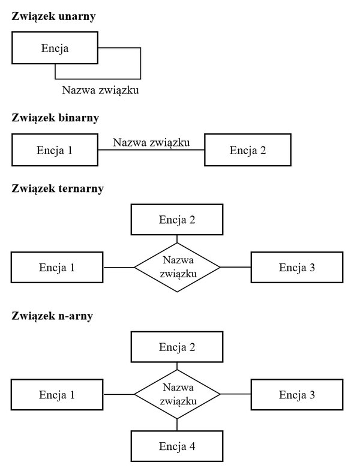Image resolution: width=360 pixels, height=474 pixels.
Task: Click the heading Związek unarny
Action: pyautogui.click(x=54, y=16)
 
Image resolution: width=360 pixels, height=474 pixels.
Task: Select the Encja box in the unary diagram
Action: pyautogui.click(x=55, y=49)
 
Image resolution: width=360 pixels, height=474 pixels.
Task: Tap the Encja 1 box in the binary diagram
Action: pyautogui.click(x=55, y=149)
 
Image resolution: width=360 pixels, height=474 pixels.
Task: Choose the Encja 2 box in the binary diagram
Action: pyautogui.click(x=247, y=149)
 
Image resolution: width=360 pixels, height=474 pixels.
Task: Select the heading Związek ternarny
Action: pyautogui.click(x=58, y=188)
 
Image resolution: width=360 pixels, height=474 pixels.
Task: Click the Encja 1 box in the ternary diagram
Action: pyautogui.click(x=57, y=267)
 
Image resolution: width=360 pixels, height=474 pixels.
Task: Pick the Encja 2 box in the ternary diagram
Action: pyautogui.click(x=177, y=219)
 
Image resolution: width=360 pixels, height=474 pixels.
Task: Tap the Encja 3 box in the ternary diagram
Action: pyautogui.click(x=296, y=267)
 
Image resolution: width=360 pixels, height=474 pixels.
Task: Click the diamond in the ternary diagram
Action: pyautogui.click(x=177, y=267)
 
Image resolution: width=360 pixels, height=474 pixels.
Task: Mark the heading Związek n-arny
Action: pyautogui.click(x=52, y=316)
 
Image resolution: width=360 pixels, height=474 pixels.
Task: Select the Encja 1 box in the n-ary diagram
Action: pyautogui.click(x=57, y=394)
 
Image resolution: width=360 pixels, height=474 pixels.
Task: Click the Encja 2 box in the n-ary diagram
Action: pyautogui.click(x=177, y=346)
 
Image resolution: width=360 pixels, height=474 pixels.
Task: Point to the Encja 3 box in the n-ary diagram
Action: pyautogui.click(x=296, y=394)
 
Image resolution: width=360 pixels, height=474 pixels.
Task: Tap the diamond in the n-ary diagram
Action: pyautogui.click(x=177, y=394)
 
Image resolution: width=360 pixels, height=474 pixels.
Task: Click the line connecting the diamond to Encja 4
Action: pyautogui.click(x=177, y=425)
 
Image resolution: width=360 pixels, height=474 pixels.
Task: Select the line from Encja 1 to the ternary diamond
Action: pyautogui.click(x=119, y=267)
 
